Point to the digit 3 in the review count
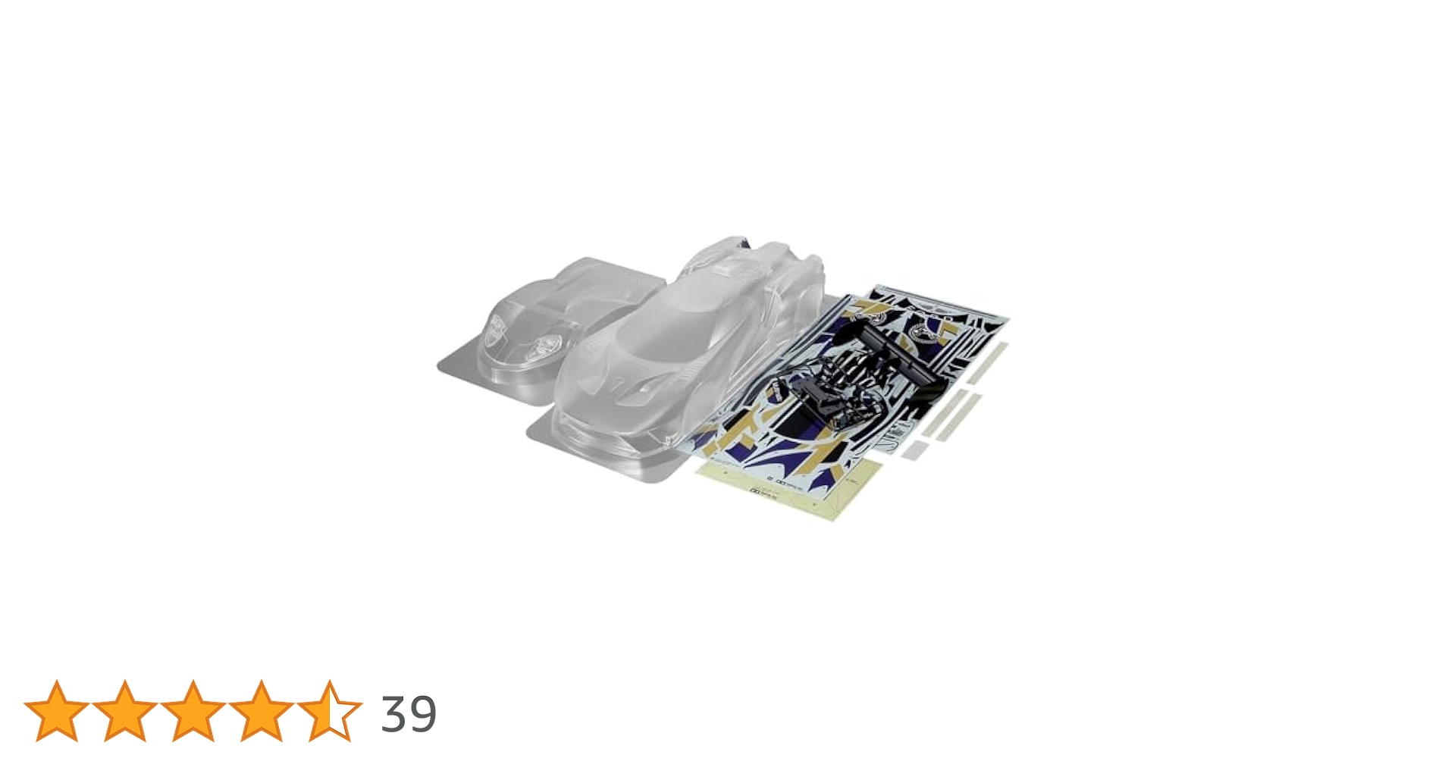(x=394, y=714)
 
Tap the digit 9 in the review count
(x=422, y=714)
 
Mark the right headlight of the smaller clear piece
(x=544, y=347)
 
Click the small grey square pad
(x=914, y=450)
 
